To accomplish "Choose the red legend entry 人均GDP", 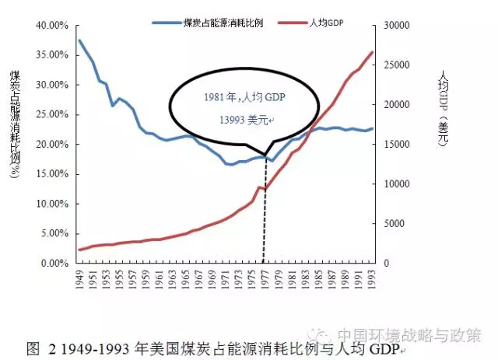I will pos(326,23).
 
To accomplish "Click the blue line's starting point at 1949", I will pos(79,40).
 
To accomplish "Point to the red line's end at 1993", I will pos(372,52).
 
